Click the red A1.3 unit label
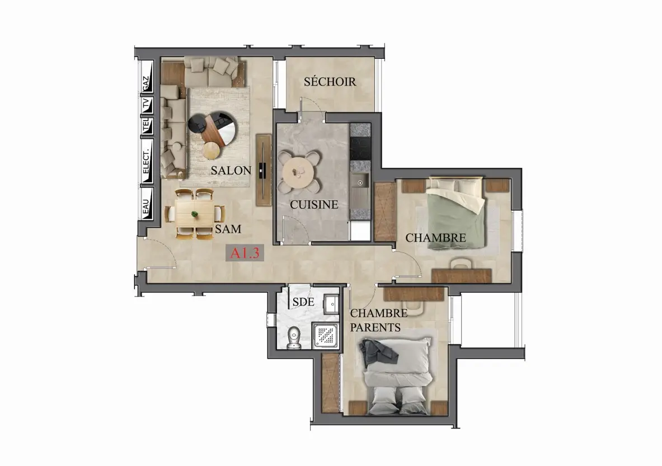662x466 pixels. (245, 253)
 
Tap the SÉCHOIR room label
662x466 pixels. (330, 82)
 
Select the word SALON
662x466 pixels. (231, 171)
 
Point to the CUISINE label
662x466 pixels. (314, 205)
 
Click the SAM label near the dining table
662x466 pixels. (228, 229)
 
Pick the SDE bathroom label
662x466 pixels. (303, 302)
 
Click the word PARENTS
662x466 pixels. (375, 327)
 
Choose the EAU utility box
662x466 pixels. (147, 204)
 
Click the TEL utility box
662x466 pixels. (147, 126)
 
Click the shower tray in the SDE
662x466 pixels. (326, 336)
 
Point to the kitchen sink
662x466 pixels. (359, 181)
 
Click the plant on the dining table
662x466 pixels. (195, 214)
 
